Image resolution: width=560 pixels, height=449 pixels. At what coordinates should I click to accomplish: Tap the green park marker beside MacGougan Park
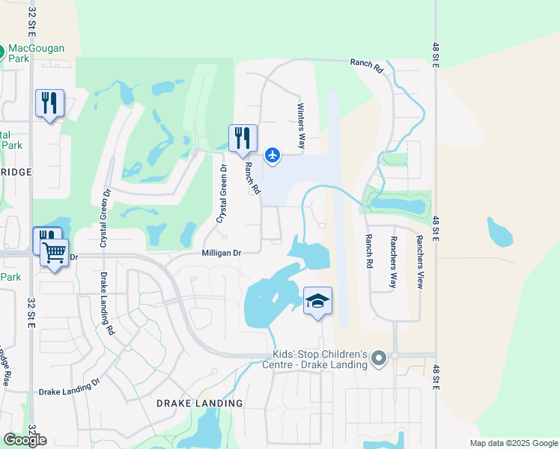[2, 52]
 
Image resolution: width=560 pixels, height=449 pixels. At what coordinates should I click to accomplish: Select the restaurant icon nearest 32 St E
[49, 104]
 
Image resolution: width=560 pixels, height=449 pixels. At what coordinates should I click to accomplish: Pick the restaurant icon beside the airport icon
[243, 138]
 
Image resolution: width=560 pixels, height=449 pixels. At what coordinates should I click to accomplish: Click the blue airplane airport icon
[273, 155]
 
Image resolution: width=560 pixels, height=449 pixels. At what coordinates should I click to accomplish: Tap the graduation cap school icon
[317, 301]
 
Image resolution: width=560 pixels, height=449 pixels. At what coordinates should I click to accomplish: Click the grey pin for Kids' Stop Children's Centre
[378, 359]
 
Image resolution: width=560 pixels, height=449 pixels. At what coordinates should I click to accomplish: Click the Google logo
[25, 440]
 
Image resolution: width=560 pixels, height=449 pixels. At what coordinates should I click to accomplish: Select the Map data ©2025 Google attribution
[513, 443]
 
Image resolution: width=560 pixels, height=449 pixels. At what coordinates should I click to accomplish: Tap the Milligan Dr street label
[221, 253]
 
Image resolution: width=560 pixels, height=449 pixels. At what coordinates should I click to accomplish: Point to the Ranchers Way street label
[392, 262]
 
